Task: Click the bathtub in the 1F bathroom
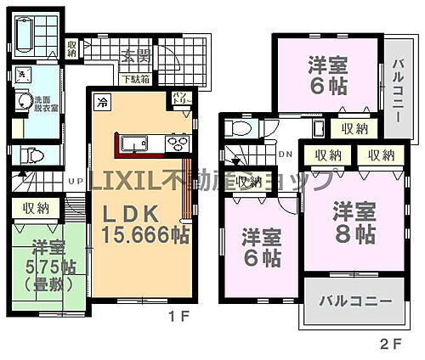pyautogui.click(x=25, y=34)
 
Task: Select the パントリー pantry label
pyautogui.click(x=181, y=98)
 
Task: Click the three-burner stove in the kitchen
pyautogui.click(x=178, y=142)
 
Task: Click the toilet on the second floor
pyautogui.click(x=239, y=127)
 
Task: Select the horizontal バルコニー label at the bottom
pyautogui.click(x=355, y=301)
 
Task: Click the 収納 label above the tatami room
pyautogui.click(x=37, y=208)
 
